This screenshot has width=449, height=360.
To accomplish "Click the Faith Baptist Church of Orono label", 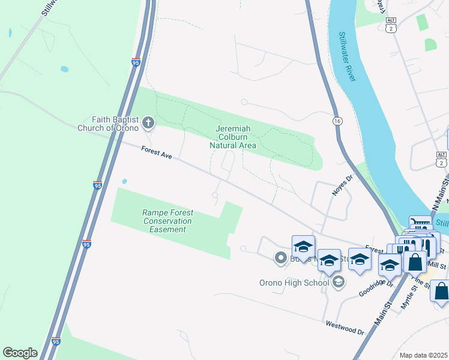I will click(x=108, y=123).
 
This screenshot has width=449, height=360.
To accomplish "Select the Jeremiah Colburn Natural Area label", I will click(x=233, y=137).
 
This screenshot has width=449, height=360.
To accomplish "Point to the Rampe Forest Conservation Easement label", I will click(x=167, y=220).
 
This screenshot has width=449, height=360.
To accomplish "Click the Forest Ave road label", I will click(x=157, y=154).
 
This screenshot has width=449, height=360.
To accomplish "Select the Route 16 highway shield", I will click(x=337, y=121).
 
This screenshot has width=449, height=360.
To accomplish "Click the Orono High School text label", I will click(x=294, y=283).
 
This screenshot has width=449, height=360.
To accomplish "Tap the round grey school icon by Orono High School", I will click(x=339, y=282).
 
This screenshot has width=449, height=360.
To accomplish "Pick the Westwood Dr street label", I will click(x=345, y=328).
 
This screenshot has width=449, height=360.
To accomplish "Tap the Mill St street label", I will click(x=439, y=265).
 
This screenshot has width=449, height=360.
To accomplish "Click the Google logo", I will click(x=20, y=353).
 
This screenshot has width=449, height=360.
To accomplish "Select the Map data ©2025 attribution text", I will click(x=424, y=355).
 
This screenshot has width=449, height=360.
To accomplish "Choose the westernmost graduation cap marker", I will click(x=303, y=247).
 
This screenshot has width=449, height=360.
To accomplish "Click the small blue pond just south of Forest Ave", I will click(x=124, y=181).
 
